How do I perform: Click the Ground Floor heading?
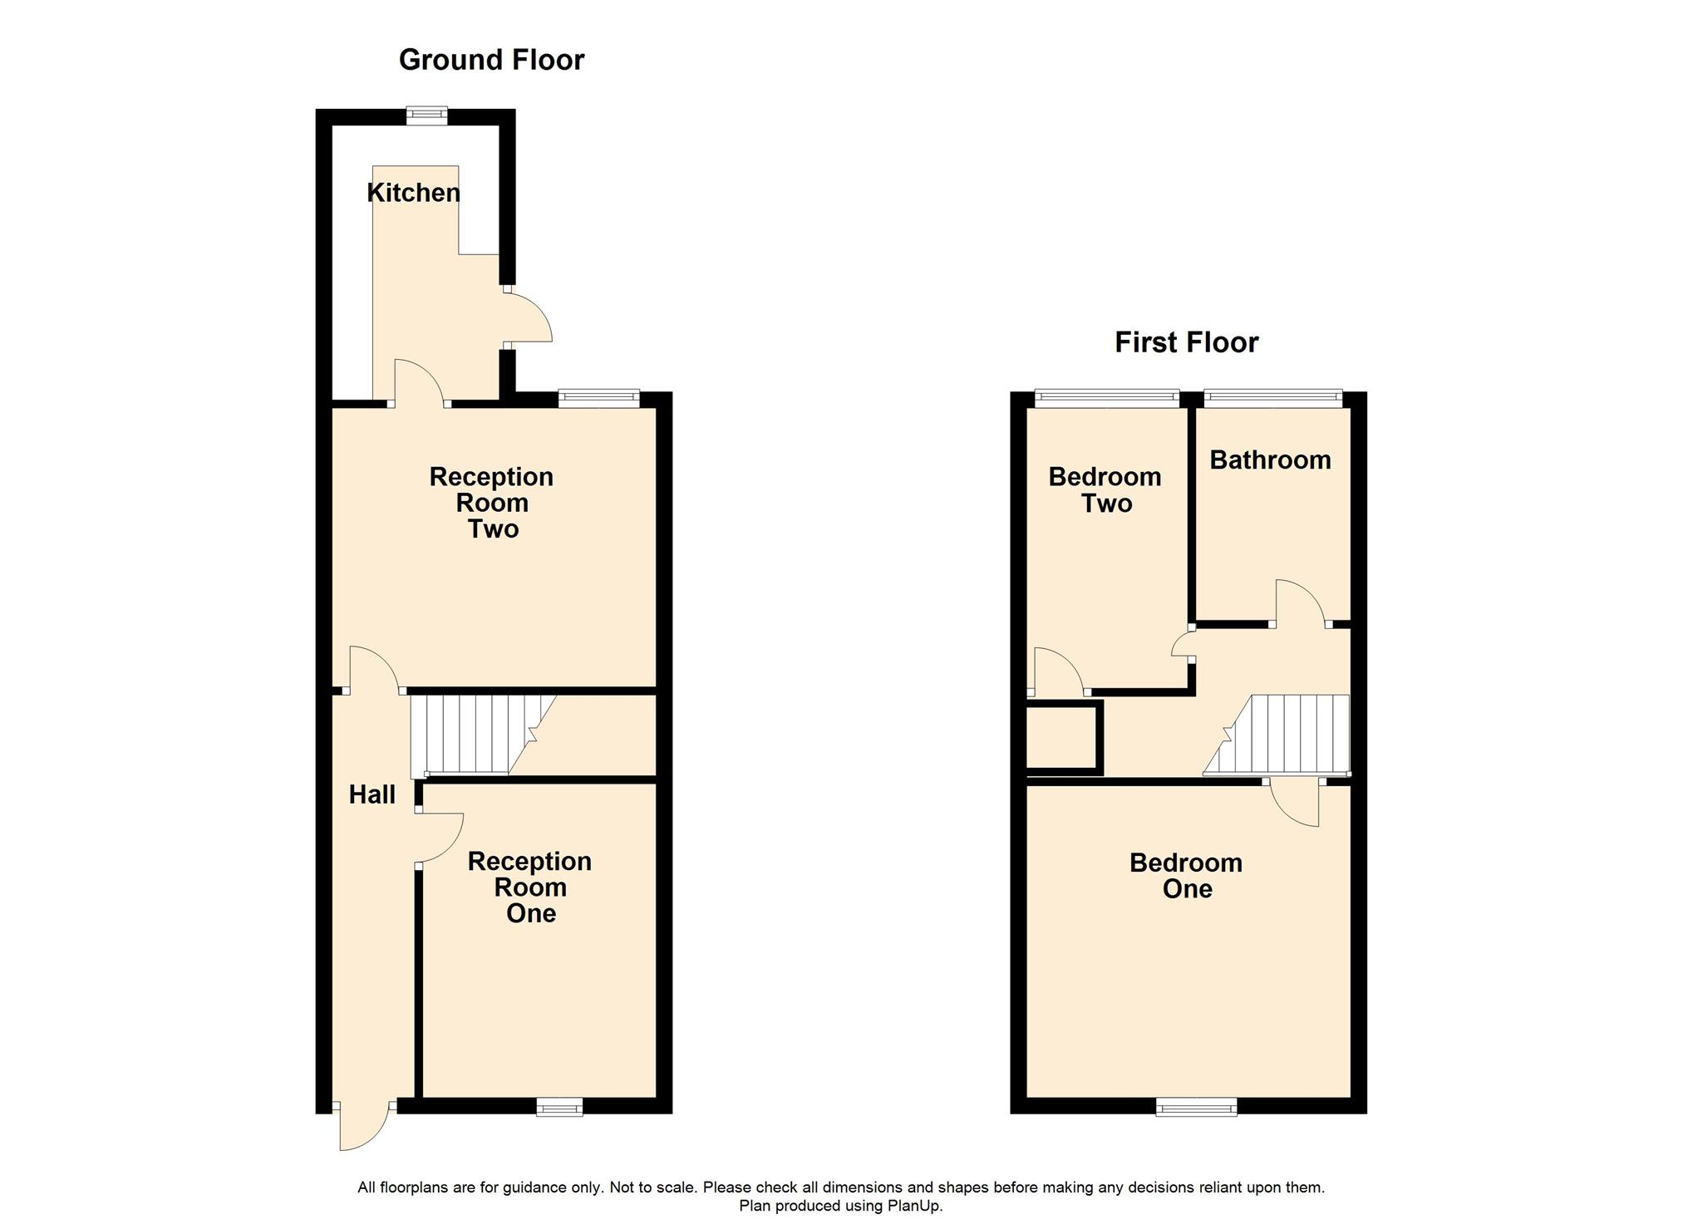tap(491, 60)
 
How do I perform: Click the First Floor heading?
tap(1186, 342)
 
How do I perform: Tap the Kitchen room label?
tap(413, 193)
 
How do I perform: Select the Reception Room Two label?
tap(491, 503)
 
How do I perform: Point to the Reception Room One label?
tap(530, 887)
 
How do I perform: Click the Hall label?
tap(372, 794)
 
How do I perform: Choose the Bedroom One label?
tap(1186, 876)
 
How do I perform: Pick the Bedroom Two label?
tap(1105, 489)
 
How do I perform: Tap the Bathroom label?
tap(1270, 460)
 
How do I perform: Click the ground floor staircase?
tap(483, 735)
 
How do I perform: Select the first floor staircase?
tap(1277, 735)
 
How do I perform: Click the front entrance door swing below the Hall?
tap(364, 1128)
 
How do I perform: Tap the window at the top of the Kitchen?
tap(426, 116)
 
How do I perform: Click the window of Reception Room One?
tap(559, 1107)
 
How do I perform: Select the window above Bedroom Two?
tap(1107, 399)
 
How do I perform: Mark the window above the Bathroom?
tap(1274, 399)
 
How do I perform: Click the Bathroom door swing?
tap(1300, 603)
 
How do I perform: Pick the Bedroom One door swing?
tap(1294, 803)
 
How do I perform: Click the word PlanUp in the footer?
tap(914, 1206)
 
